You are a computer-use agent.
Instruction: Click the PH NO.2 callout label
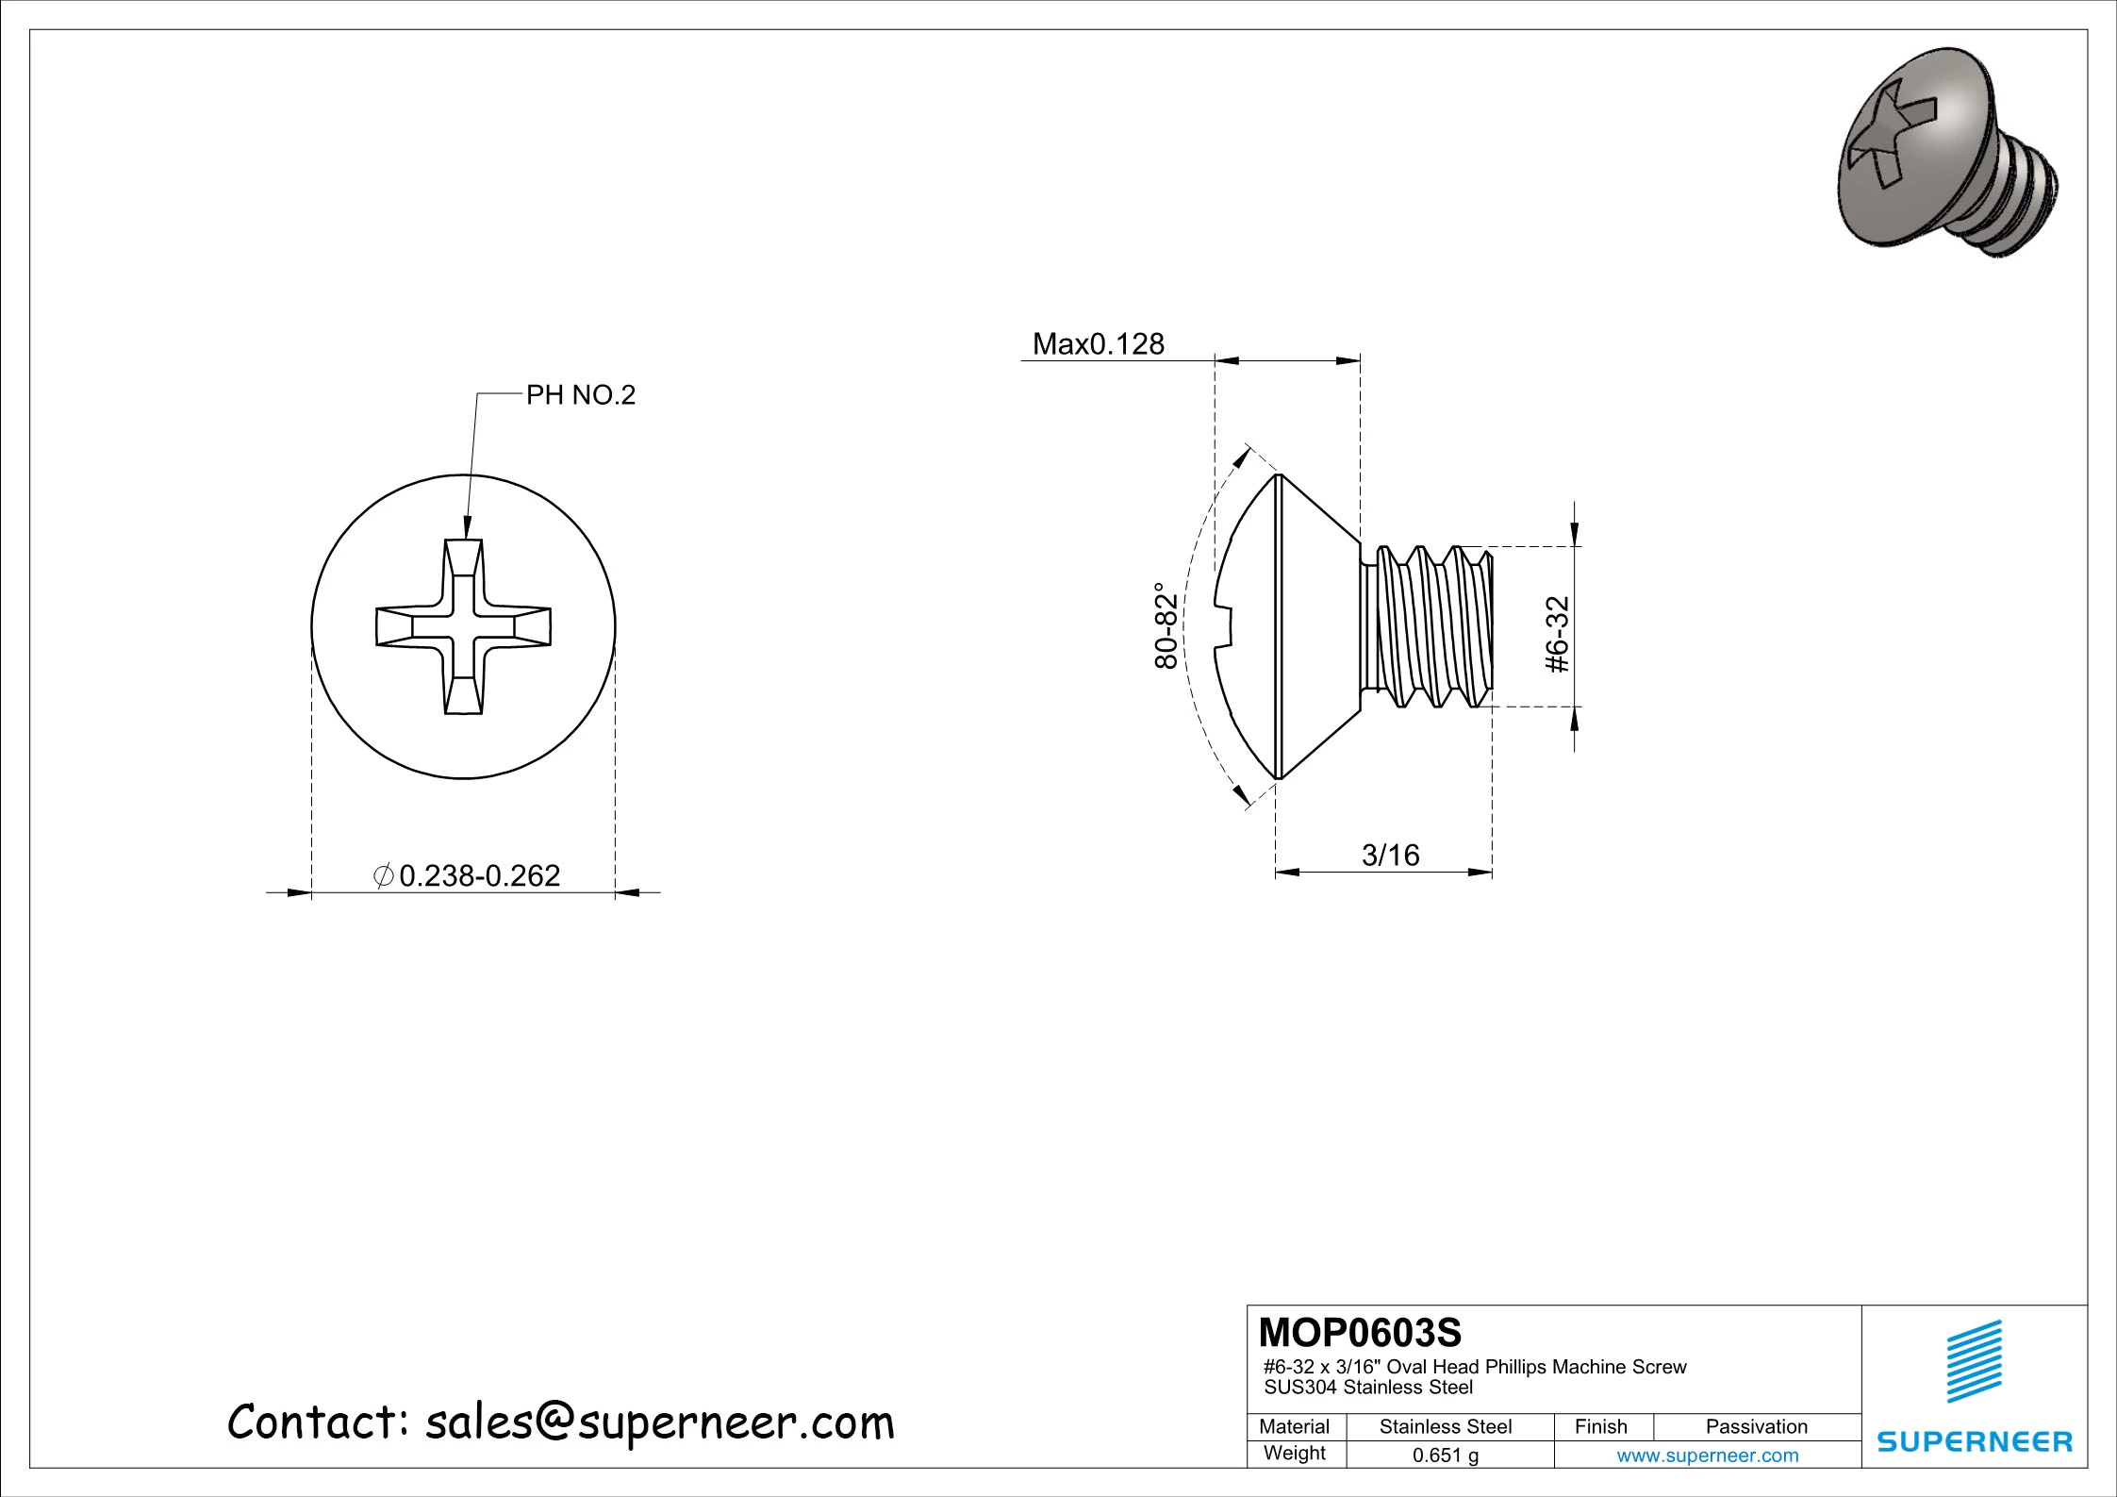pyautogui.click(x=580, y=395)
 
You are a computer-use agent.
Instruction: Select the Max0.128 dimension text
pyautogui.click(x=1098, y=344)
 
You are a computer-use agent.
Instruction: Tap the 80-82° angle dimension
pyautogui.click(x=1166, y=625)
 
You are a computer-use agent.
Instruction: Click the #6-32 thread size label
pyautogui.click(x=1559, y=634)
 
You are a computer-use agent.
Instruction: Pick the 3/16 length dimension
pyautogui.click(x=1390, y=856)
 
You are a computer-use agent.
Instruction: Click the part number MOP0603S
pyautogui.click(x=1359, y=1333)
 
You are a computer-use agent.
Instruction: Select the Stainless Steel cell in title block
pyautogui.click(x=1445, y=1427)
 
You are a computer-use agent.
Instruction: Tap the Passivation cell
pyautogui.click(x=1756, y=1427)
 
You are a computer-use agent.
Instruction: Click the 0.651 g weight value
pyautogui.click(x=1445, y=1455)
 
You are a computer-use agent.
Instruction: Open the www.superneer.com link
pyautogui.click(x=1707, y=1455)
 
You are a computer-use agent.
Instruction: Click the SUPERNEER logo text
pyautogui.click(x=1974, y=1442)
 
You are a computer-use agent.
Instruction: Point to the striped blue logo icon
pyautogui.click(x=1974, y=1361)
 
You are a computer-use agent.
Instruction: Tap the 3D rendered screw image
pyautogui.click(x=1945, y=154)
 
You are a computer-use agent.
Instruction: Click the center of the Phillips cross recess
pyautogui.click(x=463, y=627)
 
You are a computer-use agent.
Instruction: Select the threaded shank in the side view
pyautogui.click(x=1429, y=626)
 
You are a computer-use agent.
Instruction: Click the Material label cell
pyautogui.click(x=1294, y=1427)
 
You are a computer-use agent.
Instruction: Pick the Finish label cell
pyautogui.click(x=1600, y=1427)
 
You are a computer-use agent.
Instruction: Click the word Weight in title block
pyautogui.click(x=1294, y=1454)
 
